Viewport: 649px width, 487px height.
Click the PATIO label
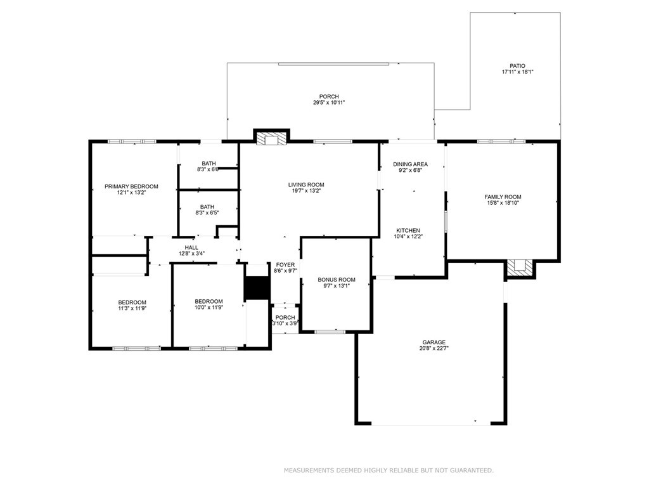pyautogui.click(x=517, y=66)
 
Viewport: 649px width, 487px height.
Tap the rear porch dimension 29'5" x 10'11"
pyautogui.click(x=329, y=103)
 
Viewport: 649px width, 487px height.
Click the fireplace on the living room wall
pyautogui.click(x=271, y=138)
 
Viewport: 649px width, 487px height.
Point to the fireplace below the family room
pyautogui.click(x=520, y=268)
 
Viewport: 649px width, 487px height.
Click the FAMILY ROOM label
pyautogui.click(x=503, y=197)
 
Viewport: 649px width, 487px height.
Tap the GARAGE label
pyautogui.click(x=434, y=342)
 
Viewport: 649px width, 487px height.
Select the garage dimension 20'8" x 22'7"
pyautogui.click(x=434, y=349)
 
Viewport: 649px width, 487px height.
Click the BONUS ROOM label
pyautogui.click(x=337, y=280)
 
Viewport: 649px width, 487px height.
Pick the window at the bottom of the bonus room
pyautogui.click(x=330, y=331)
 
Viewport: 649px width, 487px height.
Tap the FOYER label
pyautogui.click(x=285, y=264)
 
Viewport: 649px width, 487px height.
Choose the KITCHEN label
pyautogui.click(x=408, y=230)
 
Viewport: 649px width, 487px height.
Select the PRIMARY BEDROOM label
pyautogui.click(x=131, y=186)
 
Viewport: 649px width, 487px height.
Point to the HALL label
pyautogui.click(x=191, y=247)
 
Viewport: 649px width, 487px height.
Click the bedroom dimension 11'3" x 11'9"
pyautogui.click(x=132, y=308)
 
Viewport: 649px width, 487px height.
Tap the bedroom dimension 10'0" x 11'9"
pyautogui.click(x=208, y=308)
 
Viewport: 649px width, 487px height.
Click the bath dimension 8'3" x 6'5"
pyautogui.click(x=207, y=213)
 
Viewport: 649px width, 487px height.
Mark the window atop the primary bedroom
pyautogui.click(x=132, y=141)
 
